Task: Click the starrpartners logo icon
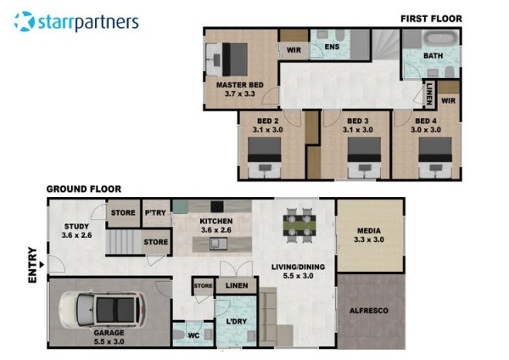(x=25, y=21)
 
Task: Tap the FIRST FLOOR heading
(x=431, y=19)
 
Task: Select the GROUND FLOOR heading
(x=84, y=189)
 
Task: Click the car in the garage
(x=102, y=309)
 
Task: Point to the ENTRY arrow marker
(x=42, y=265)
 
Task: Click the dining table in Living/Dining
(x=299, y=226)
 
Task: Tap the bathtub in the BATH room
(x=441, y=39)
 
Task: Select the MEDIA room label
(x=369, y=231)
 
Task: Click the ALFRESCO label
(x=369, y=311)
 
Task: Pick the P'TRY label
(x=155, y=213)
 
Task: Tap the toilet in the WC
(x=178, y=335)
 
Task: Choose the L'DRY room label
(x=237, y=321)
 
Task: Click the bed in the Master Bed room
(x=227, y=59)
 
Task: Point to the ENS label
(x=332, y=47)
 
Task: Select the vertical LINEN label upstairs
(x=429, y=93)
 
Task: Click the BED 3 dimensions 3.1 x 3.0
(x=358, y=130)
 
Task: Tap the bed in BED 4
(x=435, y=158)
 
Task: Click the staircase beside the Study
(x=125, y=242)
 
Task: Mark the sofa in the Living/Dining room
(x=272, y=317)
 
